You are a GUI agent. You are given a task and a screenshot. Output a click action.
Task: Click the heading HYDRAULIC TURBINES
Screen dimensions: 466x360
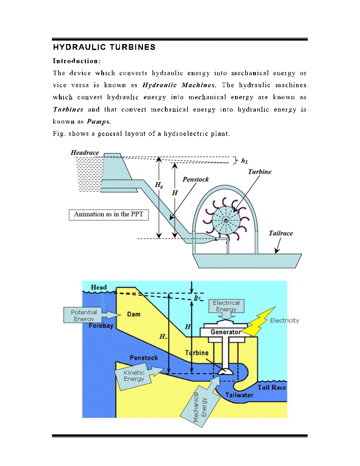[x=104, y=47]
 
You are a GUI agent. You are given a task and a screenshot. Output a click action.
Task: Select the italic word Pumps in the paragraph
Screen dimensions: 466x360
[x=98, y=121]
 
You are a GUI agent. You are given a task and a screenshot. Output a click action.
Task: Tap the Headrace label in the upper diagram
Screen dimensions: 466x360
[x=85, y=153]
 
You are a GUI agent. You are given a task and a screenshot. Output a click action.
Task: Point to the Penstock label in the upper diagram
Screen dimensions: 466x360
[x=196, y=179]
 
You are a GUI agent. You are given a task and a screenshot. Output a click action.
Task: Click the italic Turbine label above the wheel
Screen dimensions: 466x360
[x=259, y=172]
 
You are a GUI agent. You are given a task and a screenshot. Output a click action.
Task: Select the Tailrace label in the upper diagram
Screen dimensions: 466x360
[x=281, y=233]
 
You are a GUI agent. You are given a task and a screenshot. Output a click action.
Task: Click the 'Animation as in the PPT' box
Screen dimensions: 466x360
[x=109, y=215]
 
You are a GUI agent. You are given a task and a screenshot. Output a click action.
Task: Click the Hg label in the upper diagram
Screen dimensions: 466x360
[x=159, y=185]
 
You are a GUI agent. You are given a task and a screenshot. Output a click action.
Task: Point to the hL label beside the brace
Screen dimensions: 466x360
[x=245, y=161]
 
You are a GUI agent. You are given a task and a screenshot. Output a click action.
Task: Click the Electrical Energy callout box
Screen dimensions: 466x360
[x=226, y=306]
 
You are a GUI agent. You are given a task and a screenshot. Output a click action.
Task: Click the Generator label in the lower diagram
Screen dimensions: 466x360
[x=225, y=332]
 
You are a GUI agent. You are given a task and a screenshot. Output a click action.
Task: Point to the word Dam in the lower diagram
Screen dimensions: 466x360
[x=134, y=314]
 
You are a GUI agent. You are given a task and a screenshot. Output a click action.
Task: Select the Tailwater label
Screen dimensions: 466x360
[x=239, y=395]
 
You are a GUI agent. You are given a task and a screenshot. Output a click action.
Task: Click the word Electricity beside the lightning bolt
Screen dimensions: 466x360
[x=284, y=321]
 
